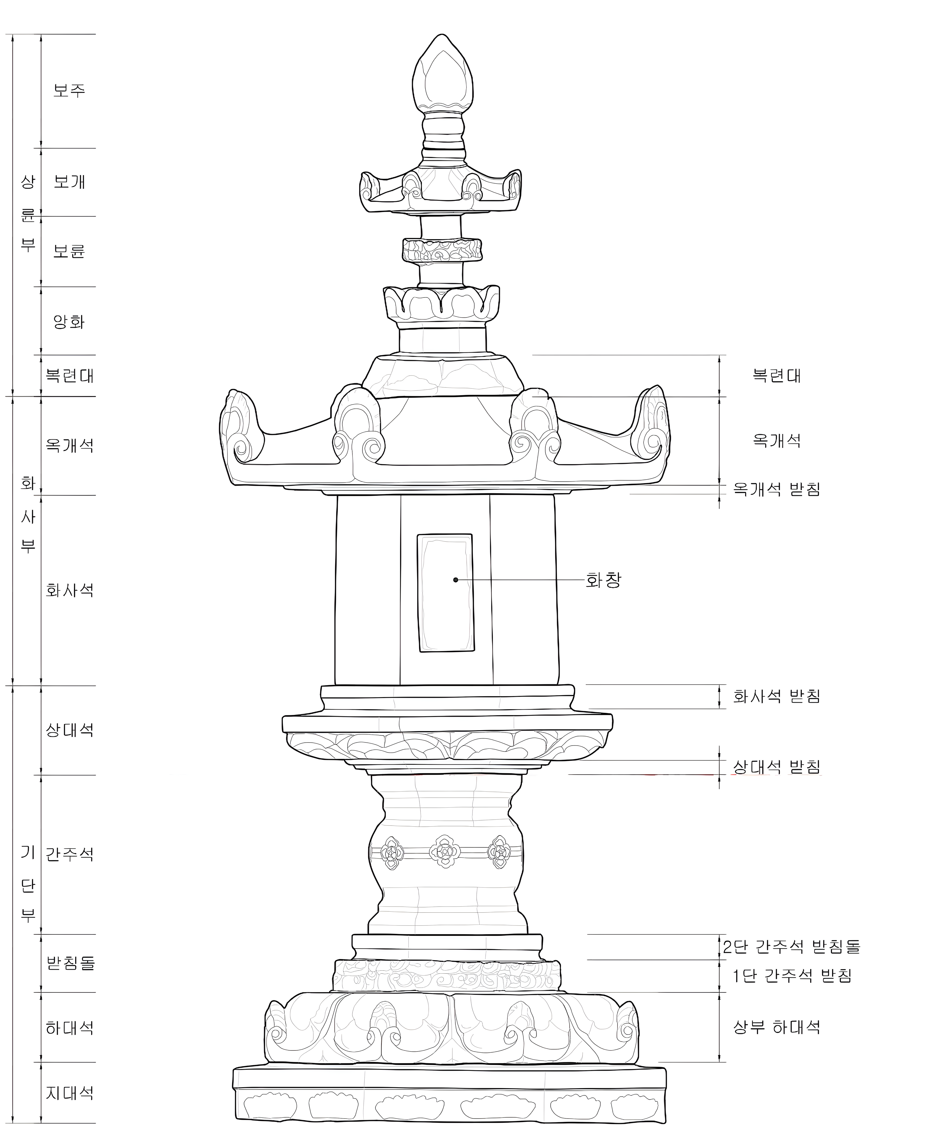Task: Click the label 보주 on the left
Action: click(69, 90)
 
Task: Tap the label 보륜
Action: click(69, 251)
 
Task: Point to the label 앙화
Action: click(69, 322)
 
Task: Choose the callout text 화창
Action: click(604, 581)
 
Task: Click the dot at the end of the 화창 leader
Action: click(456, 580)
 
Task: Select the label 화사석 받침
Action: click(777, 696)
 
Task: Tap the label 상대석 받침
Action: click(777, 767)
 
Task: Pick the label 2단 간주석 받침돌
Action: click(792, 947)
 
